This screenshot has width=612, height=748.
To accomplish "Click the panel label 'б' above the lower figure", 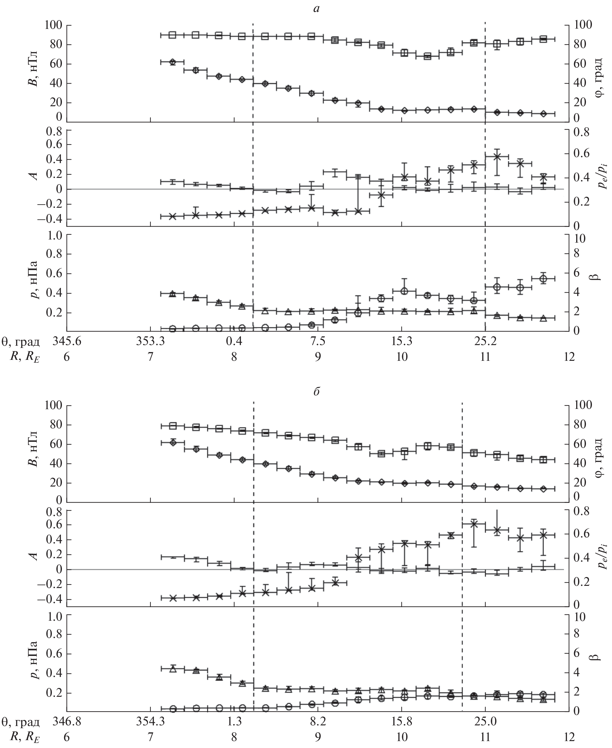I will pyautogui.click(x=316, y=392).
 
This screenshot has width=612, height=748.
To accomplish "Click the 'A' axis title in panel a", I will pyautogui.click(x=35, y=175).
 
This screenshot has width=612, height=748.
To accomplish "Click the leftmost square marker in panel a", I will pyautogui.click(x=172, y=35).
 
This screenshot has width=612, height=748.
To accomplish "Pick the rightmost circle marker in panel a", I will pyautogui.click(x=543, y=278).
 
